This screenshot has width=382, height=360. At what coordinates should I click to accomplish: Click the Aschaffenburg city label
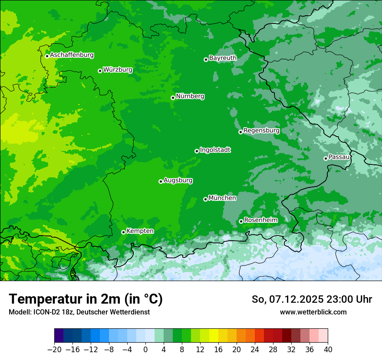72,55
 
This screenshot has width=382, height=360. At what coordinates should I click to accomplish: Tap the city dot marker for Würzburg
100,71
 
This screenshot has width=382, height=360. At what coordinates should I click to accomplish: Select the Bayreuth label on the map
223,58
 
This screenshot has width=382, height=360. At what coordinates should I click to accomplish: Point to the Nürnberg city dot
173,98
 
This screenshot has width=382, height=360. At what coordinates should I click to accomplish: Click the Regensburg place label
261,130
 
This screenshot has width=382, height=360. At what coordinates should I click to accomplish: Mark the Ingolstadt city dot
197,151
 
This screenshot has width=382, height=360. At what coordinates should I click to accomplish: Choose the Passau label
339,157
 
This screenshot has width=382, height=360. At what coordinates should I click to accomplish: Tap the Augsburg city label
178,180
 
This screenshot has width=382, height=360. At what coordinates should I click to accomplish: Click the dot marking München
205,200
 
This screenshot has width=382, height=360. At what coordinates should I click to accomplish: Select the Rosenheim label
260,220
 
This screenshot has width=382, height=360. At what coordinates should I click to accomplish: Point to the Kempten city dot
123,232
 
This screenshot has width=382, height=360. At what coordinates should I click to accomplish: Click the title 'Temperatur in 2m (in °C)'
86,299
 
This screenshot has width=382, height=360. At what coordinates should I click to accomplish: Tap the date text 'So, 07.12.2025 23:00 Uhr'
312,299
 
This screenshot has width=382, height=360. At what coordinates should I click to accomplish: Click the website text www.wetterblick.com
313,312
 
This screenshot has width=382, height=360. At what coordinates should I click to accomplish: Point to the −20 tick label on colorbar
54,350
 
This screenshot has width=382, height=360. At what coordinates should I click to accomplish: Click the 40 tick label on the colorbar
328,350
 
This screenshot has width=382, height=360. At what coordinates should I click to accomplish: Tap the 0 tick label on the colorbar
145,350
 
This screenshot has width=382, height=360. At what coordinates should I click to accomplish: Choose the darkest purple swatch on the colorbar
59,336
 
